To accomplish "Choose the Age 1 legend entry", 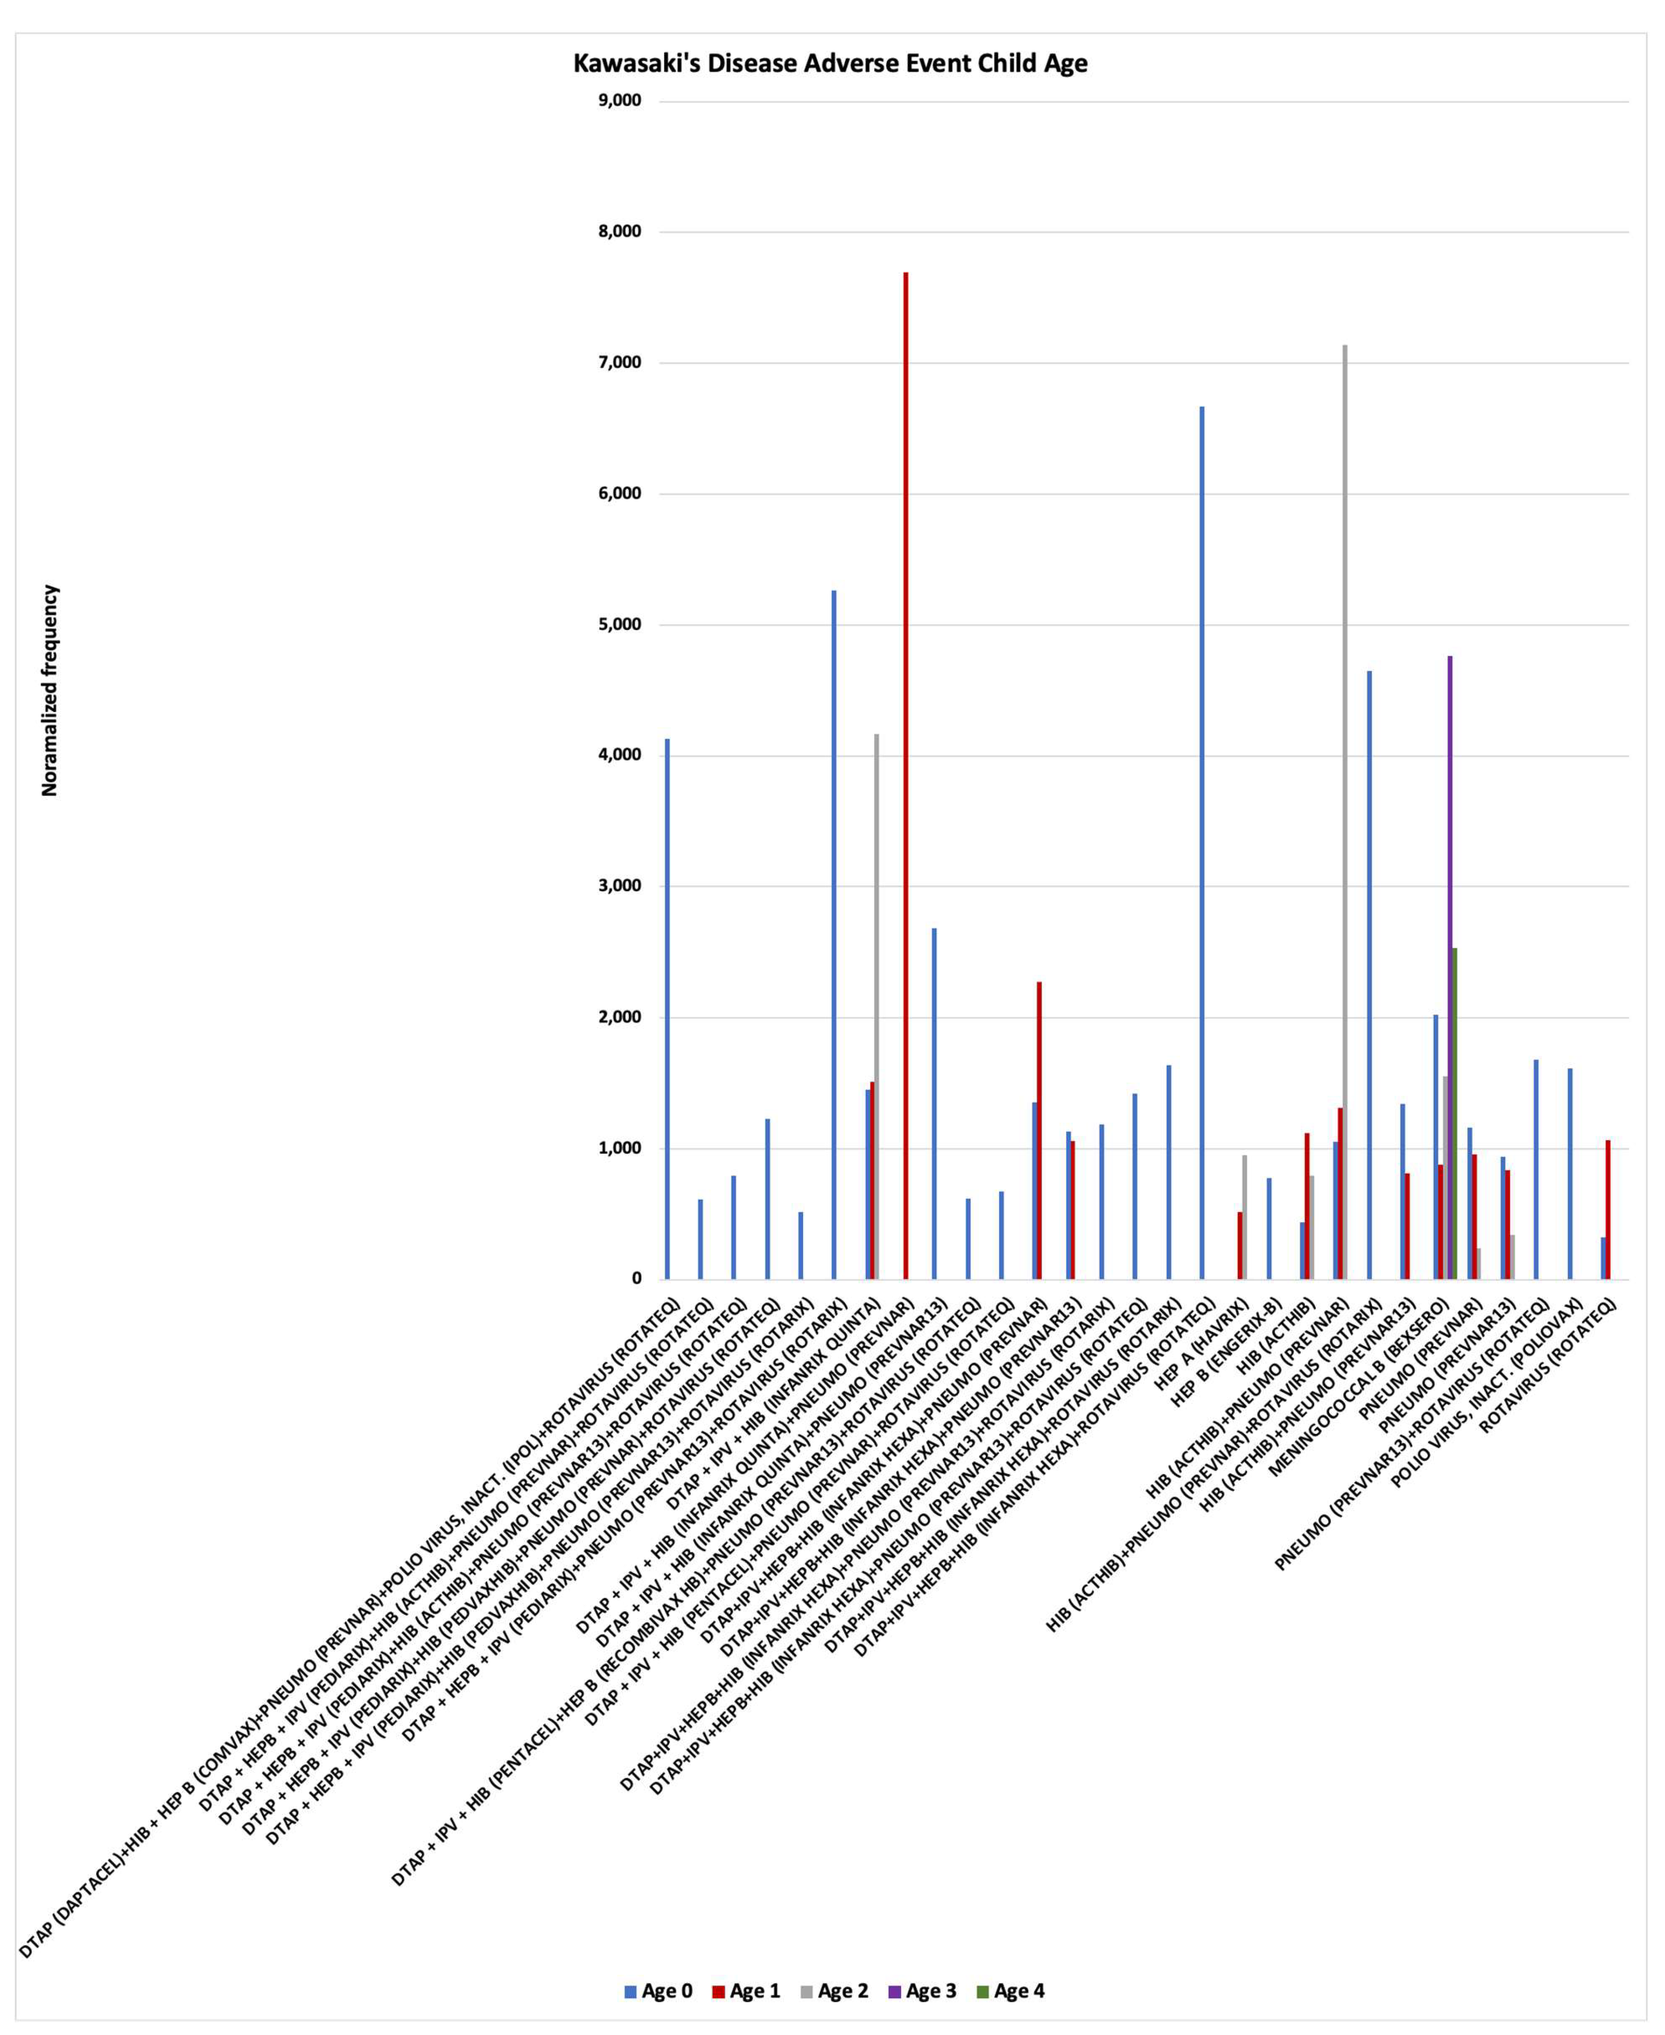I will (745, 1991).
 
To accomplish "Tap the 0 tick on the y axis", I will (636, 1279).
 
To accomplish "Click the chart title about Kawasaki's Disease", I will (831, 63).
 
